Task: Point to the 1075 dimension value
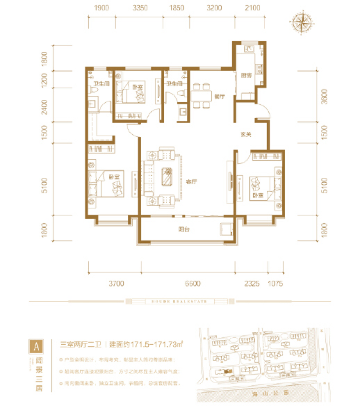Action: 277,284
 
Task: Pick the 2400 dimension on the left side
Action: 44,108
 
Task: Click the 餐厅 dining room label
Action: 220,97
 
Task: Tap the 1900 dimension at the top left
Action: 101,8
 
